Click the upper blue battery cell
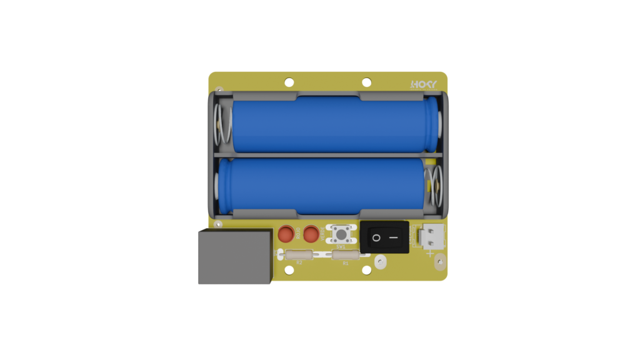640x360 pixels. click(331, 124)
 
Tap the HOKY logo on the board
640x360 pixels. click(424, 84)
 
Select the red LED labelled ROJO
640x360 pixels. click(286, 234)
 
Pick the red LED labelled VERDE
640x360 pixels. click(311, 234)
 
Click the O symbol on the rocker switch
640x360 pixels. click(376, 237)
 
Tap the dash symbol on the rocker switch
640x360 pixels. click(394, 237)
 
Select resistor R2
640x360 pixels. click(299, 254)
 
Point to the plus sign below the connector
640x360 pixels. click(429, 253)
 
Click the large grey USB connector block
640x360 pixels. click(234, 256)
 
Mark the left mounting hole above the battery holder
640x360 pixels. click(289, 81)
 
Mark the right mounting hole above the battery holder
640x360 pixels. click(367, 81)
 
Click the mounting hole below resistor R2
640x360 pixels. click(289, 271)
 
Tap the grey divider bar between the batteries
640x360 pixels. click(328, 154)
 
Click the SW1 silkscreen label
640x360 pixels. click(341, 247)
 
